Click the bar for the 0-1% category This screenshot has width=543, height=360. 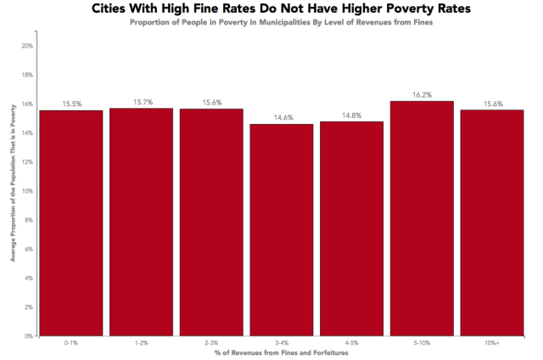[71, 222]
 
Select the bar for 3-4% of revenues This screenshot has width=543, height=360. [282, 229]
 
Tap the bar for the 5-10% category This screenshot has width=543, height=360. [423, 218]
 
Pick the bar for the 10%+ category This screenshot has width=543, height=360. [492, 222]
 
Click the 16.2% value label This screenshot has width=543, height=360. [423, 95]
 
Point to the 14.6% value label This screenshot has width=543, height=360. [282, 118]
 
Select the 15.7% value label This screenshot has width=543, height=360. [142, 102]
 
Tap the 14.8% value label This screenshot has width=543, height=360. [352, 115]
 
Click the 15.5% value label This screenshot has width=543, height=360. [71, 104]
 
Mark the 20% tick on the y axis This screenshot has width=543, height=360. [27, 46]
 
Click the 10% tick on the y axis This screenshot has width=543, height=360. [27, 191]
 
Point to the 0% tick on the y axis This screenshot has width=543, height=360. [29, 335]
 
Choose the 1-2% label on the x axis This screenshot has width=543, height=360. [142, 343]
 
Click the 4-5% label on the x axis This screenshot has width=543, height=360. [352, 343]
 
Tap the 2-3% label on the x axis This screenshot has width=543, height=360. [211, 343]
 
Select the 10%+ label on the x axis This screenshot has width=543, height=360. [492, 343]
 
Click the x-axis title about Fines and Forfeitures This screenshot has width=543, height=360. [281, 352]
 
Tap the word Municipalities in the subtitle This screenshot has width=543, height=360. [303, 21]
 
